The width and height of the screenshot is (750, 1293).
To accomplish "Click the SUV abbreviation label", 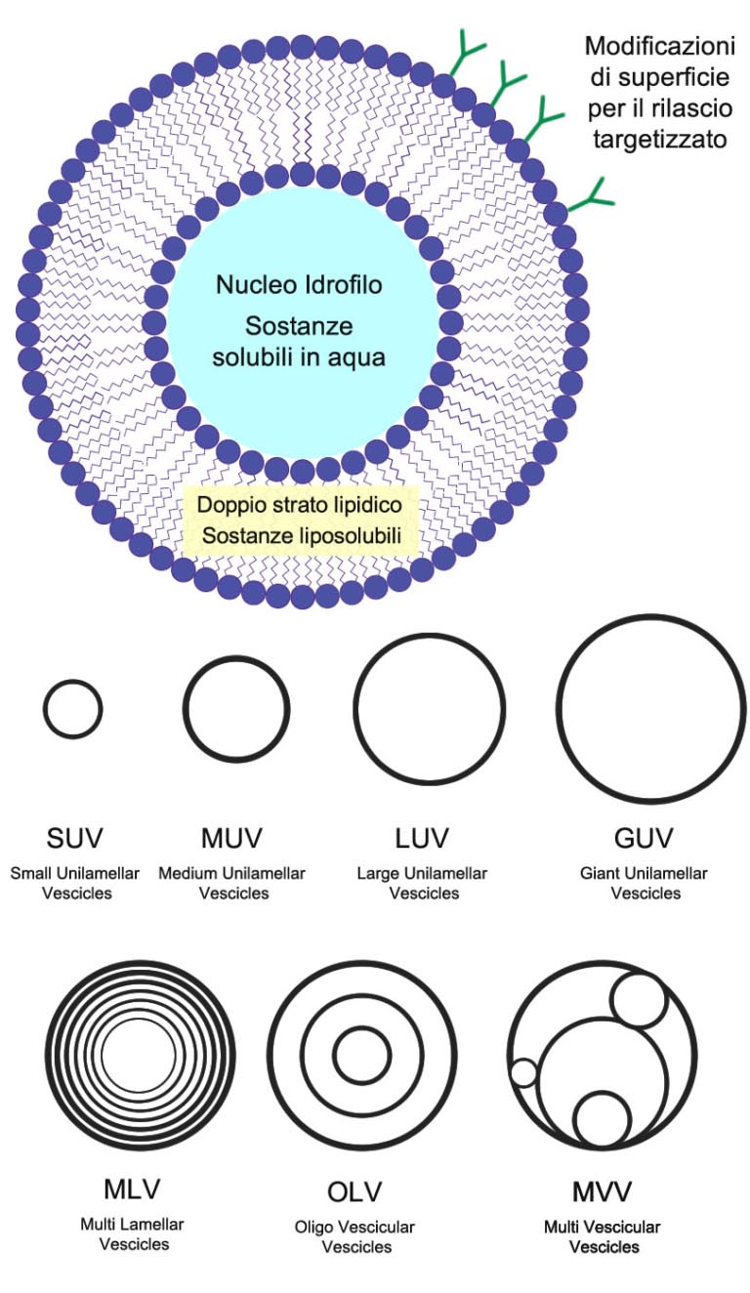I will click(74, 838).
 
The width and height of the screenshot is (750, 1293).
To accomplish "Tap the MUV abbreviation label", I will click(231, 838).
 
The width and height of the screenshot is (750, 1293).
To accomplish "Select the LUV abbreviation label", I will click(422, 838).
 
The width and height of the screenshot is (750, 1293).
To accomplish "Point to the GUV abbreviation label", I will click(646, 838).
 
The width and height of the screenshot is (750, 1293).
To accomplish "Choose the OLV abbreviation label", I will click(354, 1192).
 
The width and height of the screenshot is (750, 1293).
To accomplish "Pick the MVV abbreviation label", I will click(602, 1192).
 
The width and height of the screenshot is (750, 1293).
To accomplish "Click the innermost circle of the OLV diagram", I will click(362, 1056).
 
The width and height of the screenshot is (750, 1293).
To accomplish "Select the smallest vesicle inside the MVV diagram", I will click(524, 1073).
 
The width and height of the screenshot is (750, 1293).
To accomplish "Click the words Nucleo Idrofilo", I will click(299, 285).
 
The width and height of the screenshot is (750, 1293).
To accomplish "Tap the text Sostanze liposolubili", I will click(300, 535).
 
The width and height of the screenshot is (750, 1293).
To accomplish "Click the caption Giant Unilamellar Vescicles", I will click(646, 883).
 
